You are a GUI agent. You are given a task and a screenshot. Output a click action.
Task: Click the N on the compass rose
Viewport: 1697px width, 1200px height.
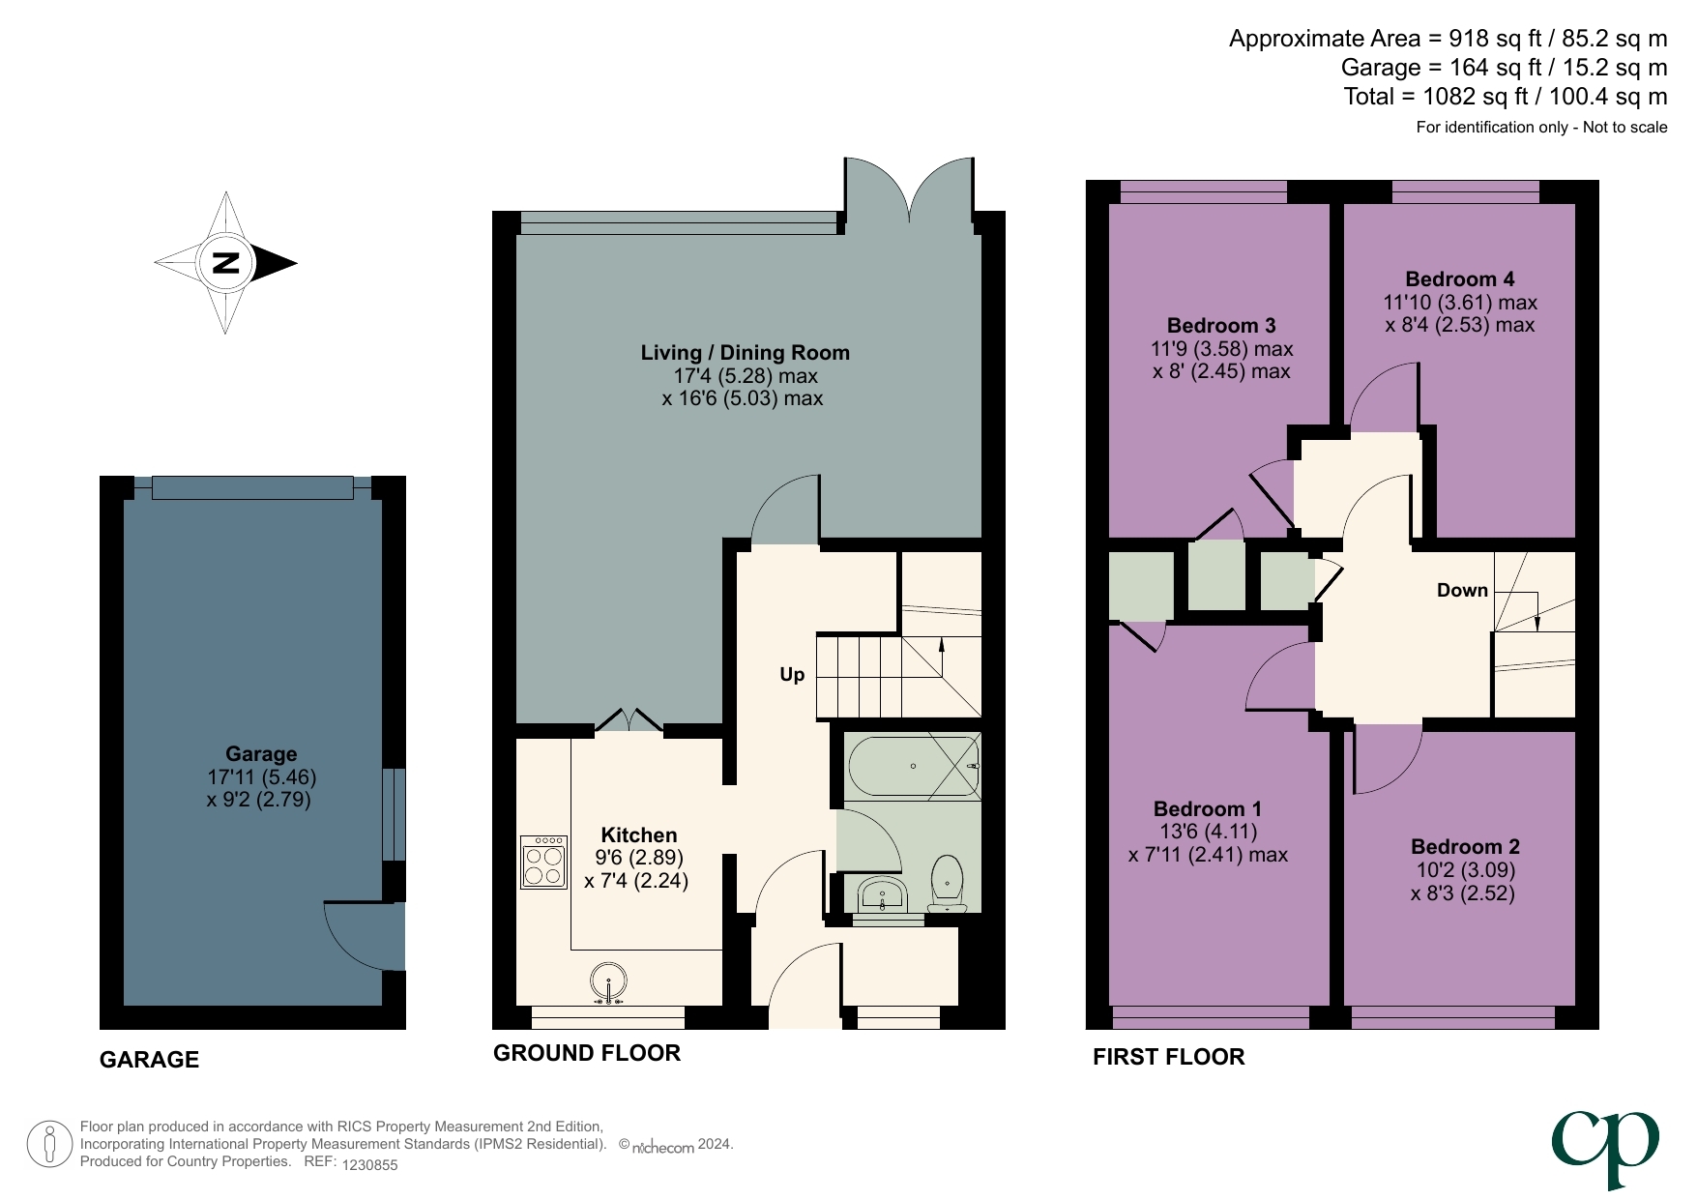click(x=225, y=262)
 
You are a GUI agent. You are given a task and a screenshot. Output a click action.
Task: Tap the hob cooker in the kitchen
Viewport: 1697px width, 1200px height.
click(x=543, y=863)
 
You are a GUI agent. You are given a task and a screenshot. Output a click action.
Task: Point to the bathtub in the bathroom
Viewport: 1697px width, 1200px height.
click(x=913, y=767)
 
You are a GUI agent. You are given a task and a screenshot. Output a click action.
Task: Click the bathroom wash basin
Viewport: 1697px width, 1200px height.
click(x=881, y=894)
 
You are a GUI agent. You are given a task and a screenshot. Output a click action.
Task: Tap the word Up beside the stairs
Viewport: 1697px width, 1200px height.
click(x=792, y=674)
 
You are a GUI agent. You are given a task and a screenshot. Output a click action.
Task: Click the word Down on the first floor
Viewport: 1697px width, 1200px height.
click(x=1461, y=590)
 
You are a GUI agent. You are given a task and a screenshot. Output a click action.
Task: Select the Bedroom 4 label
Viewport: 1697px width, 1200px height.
click(x=1459, y=278)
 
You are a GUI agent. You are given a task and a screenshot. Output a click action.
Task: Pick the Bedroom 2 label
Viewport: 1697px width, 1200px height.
click(x=1464, y=846)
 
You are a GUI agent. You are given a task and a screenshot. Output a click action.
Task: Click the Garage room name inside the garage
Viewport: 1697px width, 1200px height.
click(x=261, y=753)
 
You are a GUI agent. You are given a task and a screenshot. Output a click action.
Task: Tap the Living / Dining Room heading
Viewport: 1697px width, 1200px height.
click(x=745, y=352)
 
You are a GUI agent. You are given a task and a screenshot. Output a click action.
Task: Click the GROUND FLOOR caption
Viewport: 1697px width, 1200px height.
click(x=586, y=1053)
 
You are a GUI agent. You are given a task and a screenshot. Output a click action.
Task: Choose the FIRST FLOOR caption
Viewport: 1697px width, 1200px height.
click(x=1168, y=1057)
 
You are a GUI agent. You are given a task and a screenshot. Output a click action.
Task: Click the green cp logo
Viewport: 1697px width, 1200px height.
click(x=1604, y=1145)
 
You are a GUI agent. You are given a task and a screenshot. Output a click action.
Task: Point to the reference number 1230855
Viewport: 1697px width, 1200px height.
click(x=369, y=1165)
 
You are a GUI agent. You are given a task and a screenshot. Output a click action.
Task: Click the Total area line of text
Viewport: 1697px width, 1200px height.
click(x=1505, y=97)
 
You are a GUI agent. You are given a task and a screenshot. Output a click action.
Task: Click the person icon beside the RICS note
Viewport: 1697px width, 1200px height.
click(x=48, y=1144)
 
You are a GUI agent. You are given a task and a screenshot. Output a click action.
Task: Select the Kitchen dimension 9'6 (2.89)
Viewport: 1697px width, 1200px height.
click(x=638, y=858)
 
